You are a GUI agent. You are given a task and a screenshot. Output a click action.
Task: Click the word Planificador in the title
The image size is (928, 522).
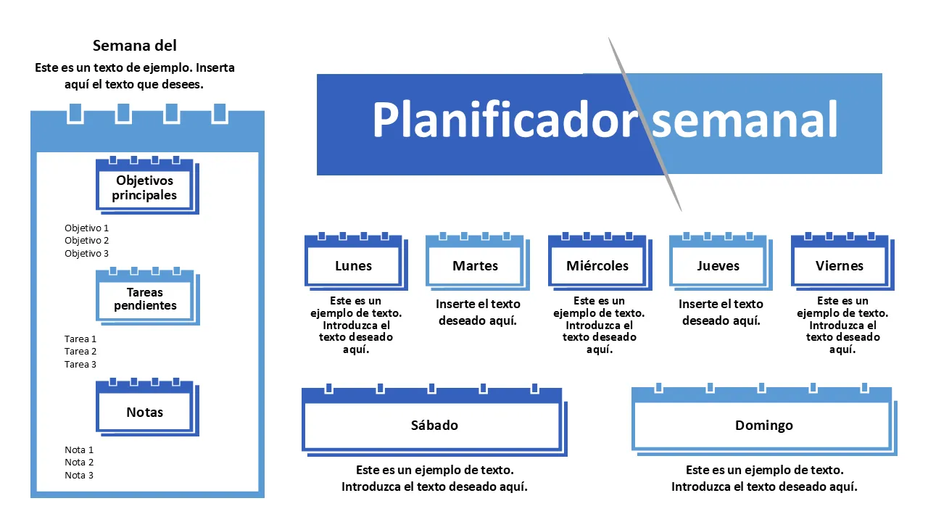tap(505, 120)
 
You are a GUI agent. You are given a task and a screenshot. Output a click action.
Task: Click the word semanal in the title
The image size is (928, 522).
tap(745, 120)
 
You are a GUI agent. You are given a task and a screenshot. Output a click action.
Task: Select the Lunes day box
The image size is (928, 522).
tap(353, 266)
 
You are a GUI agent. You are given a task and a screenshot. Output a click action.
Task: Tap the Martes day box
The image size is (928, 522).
tap(475, 266)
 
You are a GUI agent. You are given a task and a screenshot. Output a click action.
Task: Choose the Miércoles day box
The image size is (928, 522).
tap(597, 266)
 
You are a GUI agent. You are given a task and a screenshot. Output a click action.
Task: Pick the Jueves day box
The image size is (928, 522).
tap(718, 266)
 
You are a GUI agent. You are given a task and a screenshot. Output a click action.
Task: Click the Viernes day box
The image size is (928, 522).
tap(840, 266)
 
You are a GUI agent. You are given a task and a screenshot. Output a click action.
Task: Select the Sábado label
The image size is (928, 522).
tap(434, 426)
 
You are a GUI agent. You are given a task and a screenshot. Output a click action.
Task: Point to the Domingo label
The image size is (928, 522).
tap(763, 426)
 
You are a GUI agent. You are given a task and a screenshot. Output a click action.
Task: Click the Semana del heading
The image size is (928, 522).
tap(135, 46)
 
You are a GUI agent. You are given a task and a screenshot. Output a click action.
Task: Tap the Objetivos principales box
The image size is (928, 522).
tap(145, 188)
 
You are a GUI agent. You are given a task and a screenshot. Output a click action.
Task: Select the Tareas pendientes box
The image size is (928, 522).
tap(145, 299)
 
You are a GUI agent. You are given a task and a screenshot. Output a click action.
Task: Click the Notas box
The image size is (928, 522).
tap(145, 413)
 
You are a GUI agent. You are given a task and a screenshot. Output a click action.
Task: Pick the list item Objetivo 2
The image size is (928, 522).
tap(86, 241)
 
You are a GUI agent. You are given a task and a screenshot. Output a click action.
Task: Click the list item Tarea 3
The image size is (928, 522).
tap(80, 365)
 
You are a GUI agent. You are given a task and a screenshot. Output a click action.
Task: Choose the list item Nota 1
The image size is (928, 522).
tap(79, 450)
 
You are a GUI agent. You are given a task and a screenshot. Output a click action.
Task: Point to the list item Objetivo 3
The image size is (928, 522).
tap(86, 254)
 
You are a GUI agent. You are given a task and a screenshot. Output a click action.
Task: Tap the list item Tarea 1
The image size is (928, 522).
tap(80, 339)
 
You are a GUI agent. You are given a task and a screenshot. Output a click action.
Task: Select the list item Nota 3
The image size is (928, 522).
tap(79, 476)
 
